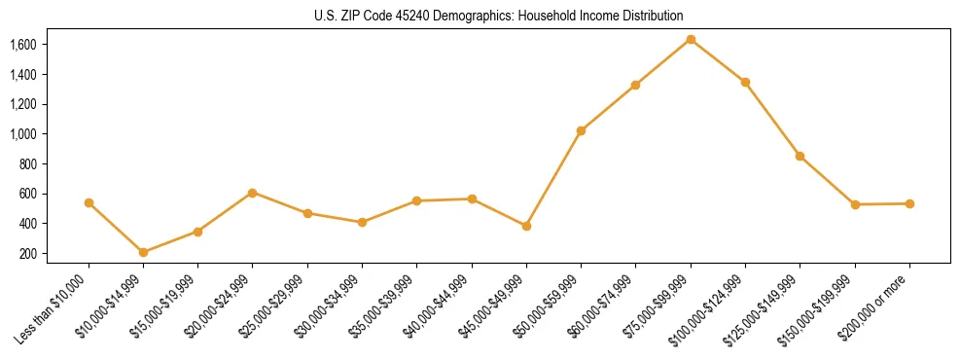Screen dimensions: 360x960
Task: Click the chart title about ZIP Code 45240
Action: (480, 16)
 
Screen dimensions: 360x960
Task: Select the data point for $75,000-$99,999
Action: (691, 39)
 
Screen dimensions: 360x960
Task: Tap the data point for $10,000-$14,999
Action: (143, 252)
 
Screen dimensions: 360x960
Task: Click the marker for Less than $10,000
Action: (89, 202)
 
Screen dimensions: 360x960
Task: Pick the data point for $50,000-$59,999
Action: (581, 130)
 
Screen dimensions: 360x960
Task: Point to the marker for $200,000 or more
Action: (909, 203)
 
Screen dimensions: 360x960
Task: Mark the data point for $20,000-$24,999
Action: (253, 193)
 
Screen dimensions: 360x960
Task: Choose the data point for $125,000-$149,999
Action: (800, 156)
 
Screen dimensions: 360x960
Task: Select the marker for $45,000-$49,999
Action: (526, 226)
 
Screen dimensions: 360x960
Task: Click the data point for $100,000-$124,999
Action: (745, 82)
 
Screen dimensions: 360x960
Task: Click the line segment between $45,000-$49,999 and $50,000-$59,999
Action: (553, 178)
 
